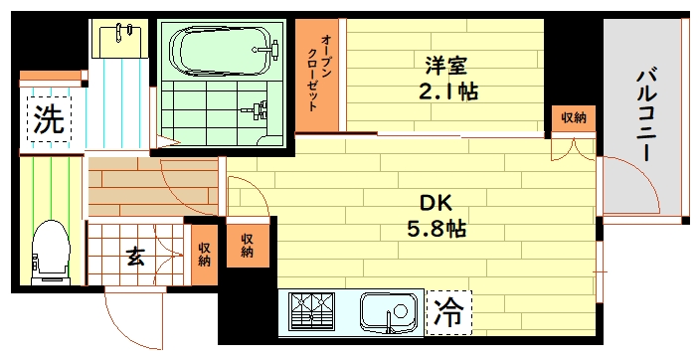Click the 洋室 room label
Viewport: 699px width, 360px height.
[x=444, y=66]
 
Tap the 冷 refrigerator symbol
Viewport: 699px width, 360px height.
[x=450, y=314]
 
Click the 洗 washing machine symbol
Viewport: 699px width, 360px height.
[x=47, y=120]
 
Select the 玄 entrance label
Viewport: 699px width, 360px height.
[x=135, y=257]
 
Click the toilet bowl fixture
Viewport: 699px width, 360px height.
[x=51, y=250]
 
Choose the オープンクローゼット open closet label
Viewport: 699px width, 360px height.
[x=319, y=78]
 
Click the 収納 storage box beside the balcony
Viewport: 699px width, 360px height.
[x=573, y=118]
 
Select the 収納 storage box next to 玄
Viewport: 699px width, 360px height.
[x=203, y=256]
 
